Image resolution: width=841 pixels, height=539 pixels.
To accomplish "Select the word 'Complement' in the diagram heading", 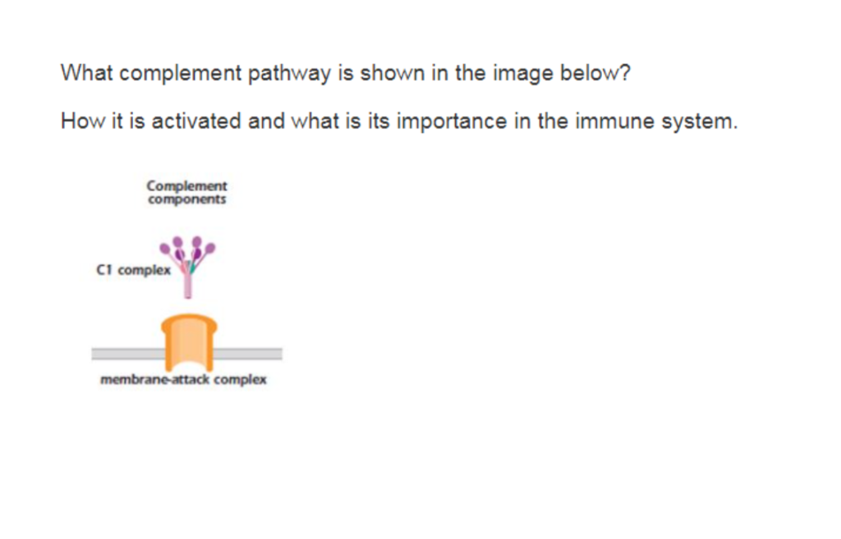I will (187, 186).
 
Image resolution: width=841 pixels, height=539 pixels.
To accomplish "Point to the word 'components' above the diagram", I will (187, 199).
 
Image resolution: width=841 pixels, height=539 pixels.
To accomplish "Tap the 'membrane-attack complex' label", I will (183, 380).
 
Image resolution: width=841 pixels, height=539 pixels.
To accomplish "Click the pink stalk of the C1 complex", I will (188, 283).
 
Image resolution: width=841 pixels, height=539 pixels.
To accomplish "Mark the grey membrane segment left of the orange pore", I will (127, 354).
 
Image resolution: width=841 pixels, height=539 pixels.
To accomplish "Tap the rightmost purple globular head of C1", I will (211, 246).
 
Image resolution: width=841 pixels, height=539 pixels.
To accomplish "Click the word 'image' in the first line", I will (522, 73).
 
